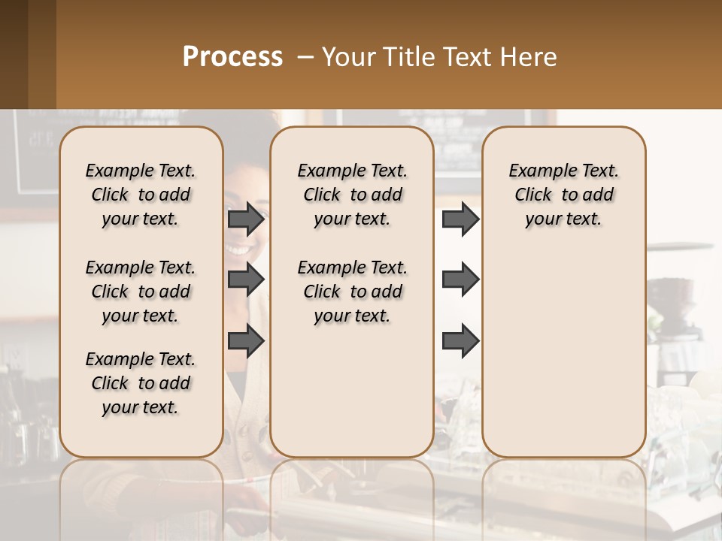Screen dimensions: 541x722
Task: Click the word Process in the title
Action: pos(232,57)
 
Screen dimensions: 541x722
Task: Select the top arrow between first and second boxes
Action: pos(246,219)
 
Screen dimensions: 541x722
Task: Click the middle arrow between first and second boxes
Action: pos(246,280)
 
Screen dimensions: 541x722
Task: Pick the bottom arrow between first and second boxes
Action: pos(246,341)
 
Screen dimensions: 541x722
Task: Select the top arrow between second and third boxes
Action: pos(460,219)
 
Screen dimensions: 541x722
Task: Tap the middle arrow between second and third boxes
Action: pos(460,280)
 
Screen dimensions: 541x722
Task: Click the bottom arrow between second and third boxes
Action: pos(460,341)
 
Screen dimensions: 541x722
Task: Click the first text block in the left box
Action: pos(141,195)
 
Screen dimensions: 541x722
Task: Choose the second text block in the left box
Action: pos(141,292)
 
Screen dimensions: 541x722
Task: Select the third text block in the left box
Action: pos(141,383)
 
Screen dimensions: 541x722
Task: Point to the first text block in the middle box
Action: pos(352,195)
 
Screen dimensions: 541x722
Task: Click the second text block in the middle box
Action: pos(352,292)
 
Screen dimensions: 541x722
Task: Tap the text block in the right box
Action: pos(563,195)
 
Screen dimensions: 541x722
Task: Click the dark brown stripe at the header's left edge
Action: pos(14,54)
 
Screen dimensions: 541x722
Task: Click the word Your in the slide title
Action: pos(347,57)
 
